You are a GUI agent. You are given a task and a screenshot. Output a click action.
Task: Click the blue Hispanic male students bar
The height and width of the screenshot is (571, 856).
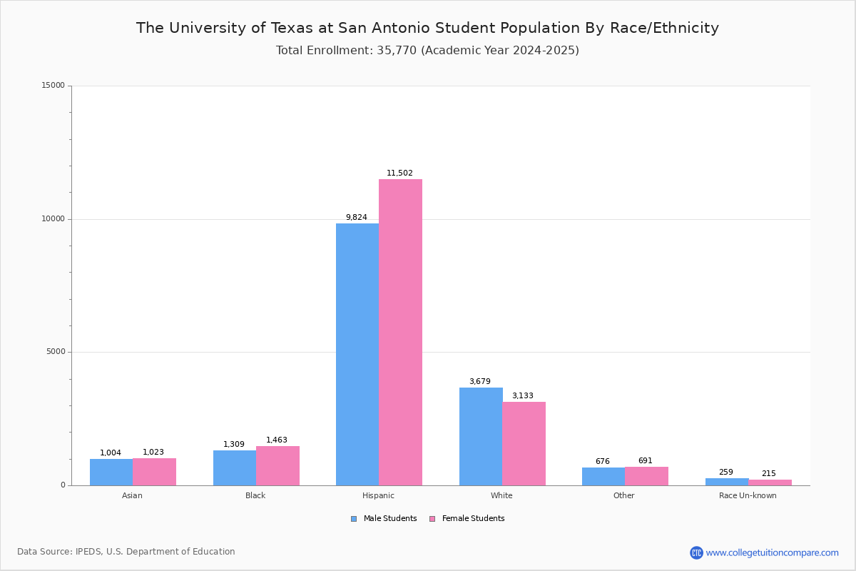(357, 354)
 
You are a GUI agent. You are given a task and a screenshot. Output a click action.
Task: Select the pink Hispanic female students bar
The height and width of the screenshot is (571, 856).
(400, 332)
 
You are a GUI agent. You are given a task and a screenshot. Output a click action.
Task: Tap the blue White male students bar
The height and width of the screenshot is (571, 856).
(481, 436)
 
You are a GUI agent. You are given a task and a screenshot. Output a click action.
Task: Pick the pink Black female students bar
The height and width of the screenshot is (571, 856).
(277, 465)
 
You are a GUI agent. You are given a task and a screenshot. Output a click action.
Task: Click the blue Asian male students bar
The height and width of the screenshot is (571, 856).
(111, 472)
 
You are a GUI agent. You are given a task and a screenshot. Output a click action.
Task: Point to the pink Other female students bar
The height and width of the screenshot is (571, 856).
(646, 476)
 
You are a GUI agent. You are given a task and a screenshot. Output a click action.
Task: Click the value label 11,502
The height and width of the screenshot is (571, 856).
(399, 173)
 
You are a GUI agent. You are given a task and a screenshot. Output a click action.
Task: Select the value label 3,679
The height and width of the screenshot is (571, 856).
(479, 382)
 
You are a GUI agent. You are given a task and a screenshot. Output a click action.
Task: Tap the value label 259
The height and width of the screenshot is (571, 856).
(725, 473)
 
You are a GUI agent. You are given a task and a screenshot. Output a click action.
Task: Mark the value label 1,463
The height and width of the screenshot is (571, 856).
(277, 440)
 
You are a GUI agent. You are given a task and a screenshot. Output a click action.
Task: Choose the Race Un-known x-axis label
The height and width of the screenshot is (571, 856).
(748, 495)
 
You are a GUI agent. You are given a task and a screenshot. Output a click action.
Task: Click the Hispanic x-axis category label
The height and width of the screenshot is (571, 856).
(378, 495)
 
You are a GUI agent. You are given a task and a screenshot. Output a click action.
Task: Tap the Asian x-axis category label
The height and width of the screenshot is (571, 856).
(132, 495)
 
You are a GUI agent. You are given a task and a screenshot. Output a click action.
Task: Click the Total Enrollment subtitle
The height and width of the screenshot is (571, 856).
(427, 51)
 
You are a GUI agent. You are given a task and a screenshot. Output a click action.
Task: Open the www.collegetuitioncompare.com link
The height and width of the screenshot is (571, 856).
(772, 552)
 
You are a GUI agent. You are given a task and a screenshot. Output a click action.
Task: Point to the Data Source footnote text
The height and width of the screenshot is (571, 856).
(126, 552)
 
